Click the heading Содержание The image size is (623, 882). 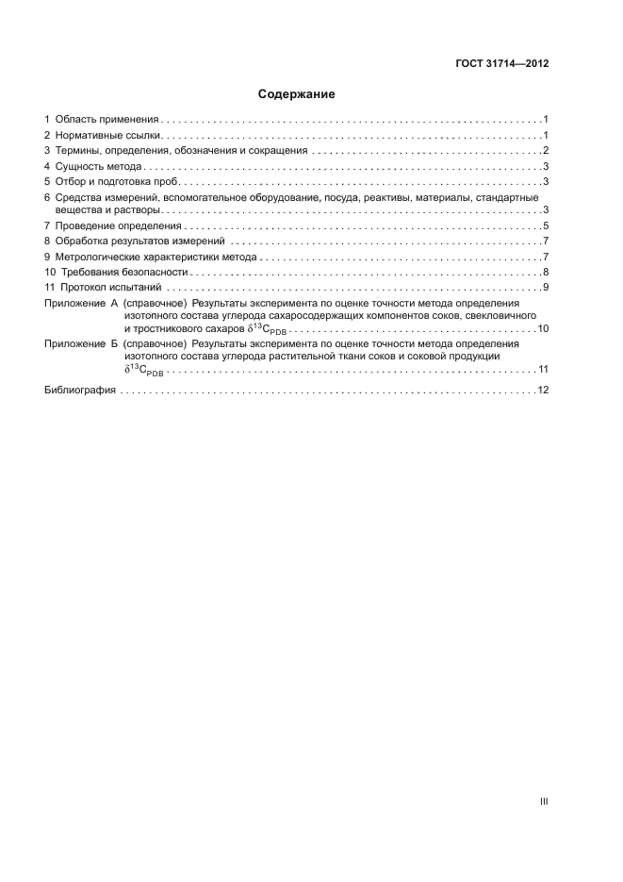click(297, 94)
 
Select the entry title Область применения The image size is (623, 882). click(106, 120)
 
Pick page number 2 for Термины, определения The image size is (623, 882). click(546, 151)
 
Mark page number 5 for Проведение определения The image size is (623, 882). click(546, 226)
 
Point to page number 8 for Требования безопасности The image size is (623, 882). click(546, 272)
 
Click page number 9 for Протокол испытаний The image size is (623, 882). click(546, 287)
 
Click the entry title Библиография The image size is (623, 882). click(80, 391)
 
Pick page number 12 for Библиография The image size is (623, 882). click(543, 391)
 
